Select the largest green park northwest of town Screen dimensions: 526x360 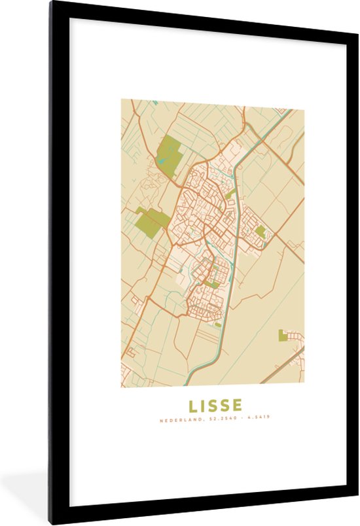coord(170,152)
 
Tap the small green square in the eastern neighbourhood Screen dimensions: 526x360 coord(261,231)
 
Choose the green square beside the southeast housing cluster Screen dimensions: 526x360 coord(283,335)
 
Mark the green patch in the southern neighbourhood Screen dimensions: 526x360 coord(213,285)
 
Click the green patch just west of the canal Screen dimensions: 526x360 coord(230,194)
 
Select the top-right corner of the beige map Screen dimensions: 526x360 coord(303,101)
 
